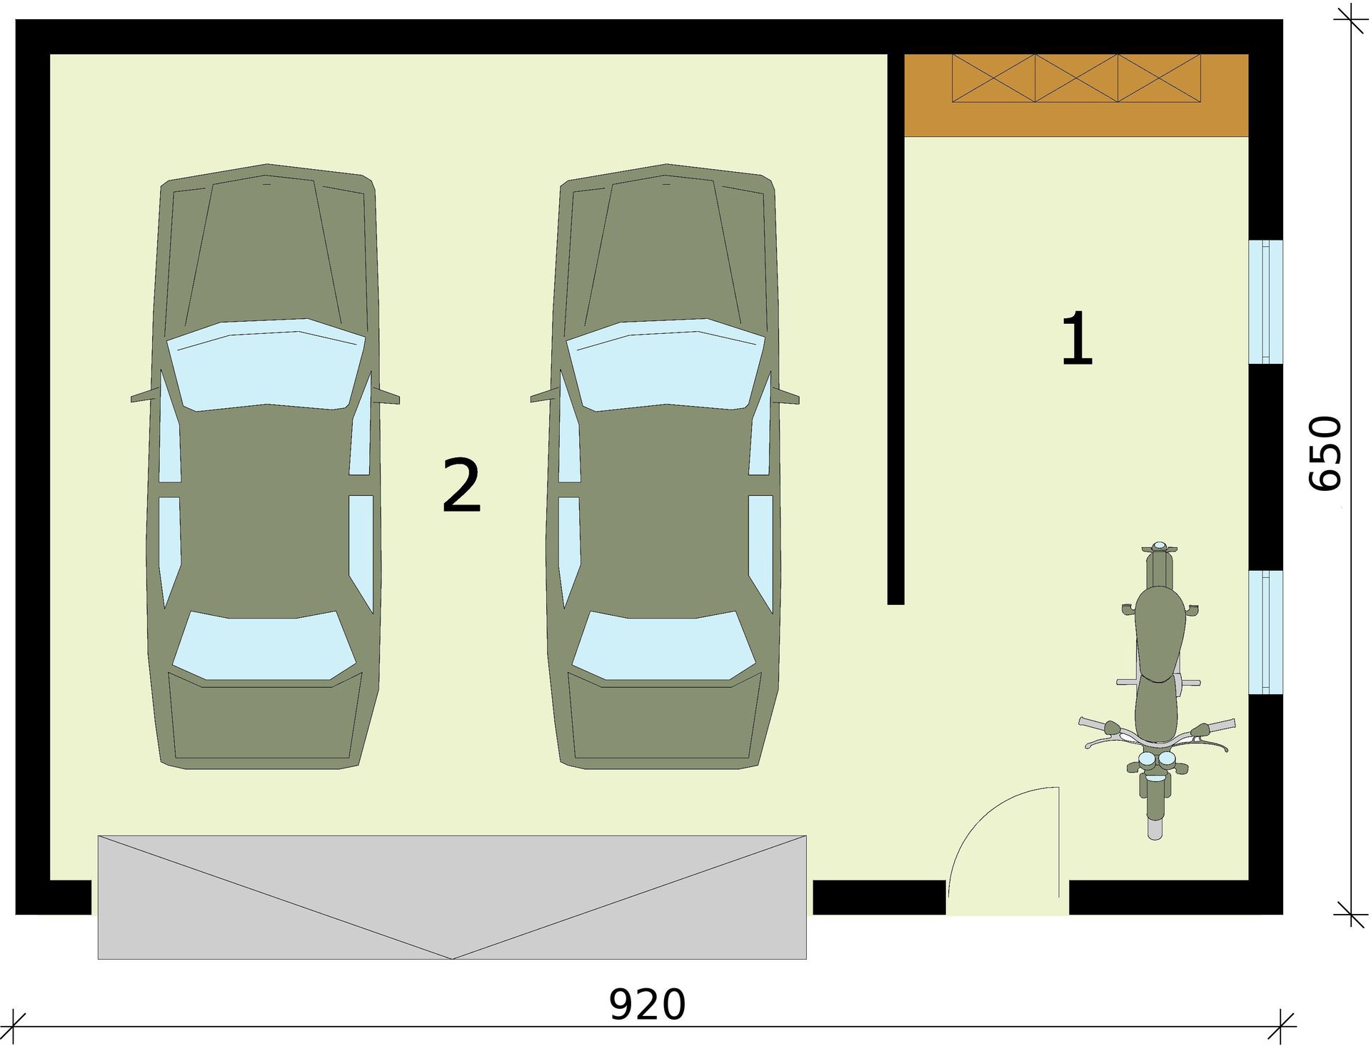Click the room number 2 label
pyautogui.click(x=461, y=485)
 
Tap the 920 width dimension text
pyautogui.click(x=647, y=1005)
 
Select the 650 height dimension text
pyautogui.click(x=1325, y=454)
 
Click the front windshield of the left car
pyautogui.click(x=266, y=365)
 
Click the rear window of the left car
pyautogui.click(x=264, y=646)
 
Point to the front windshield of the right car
pyautogui.click(x=666, y=365)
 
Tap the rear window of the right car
pyautogui.click(x=664, y=646)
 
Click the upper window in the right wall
pyautogui.click(x=1266, y=302)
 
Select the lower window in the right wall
pyautogui.click(x=1266, y=631)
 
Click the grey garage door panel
pyautogui.click(x=452, y=897)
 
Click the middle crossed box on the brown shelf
pyautogui.click(x=1077, y=78)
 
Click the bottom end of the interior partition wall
pyautogui.click(x=895, y=604)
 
